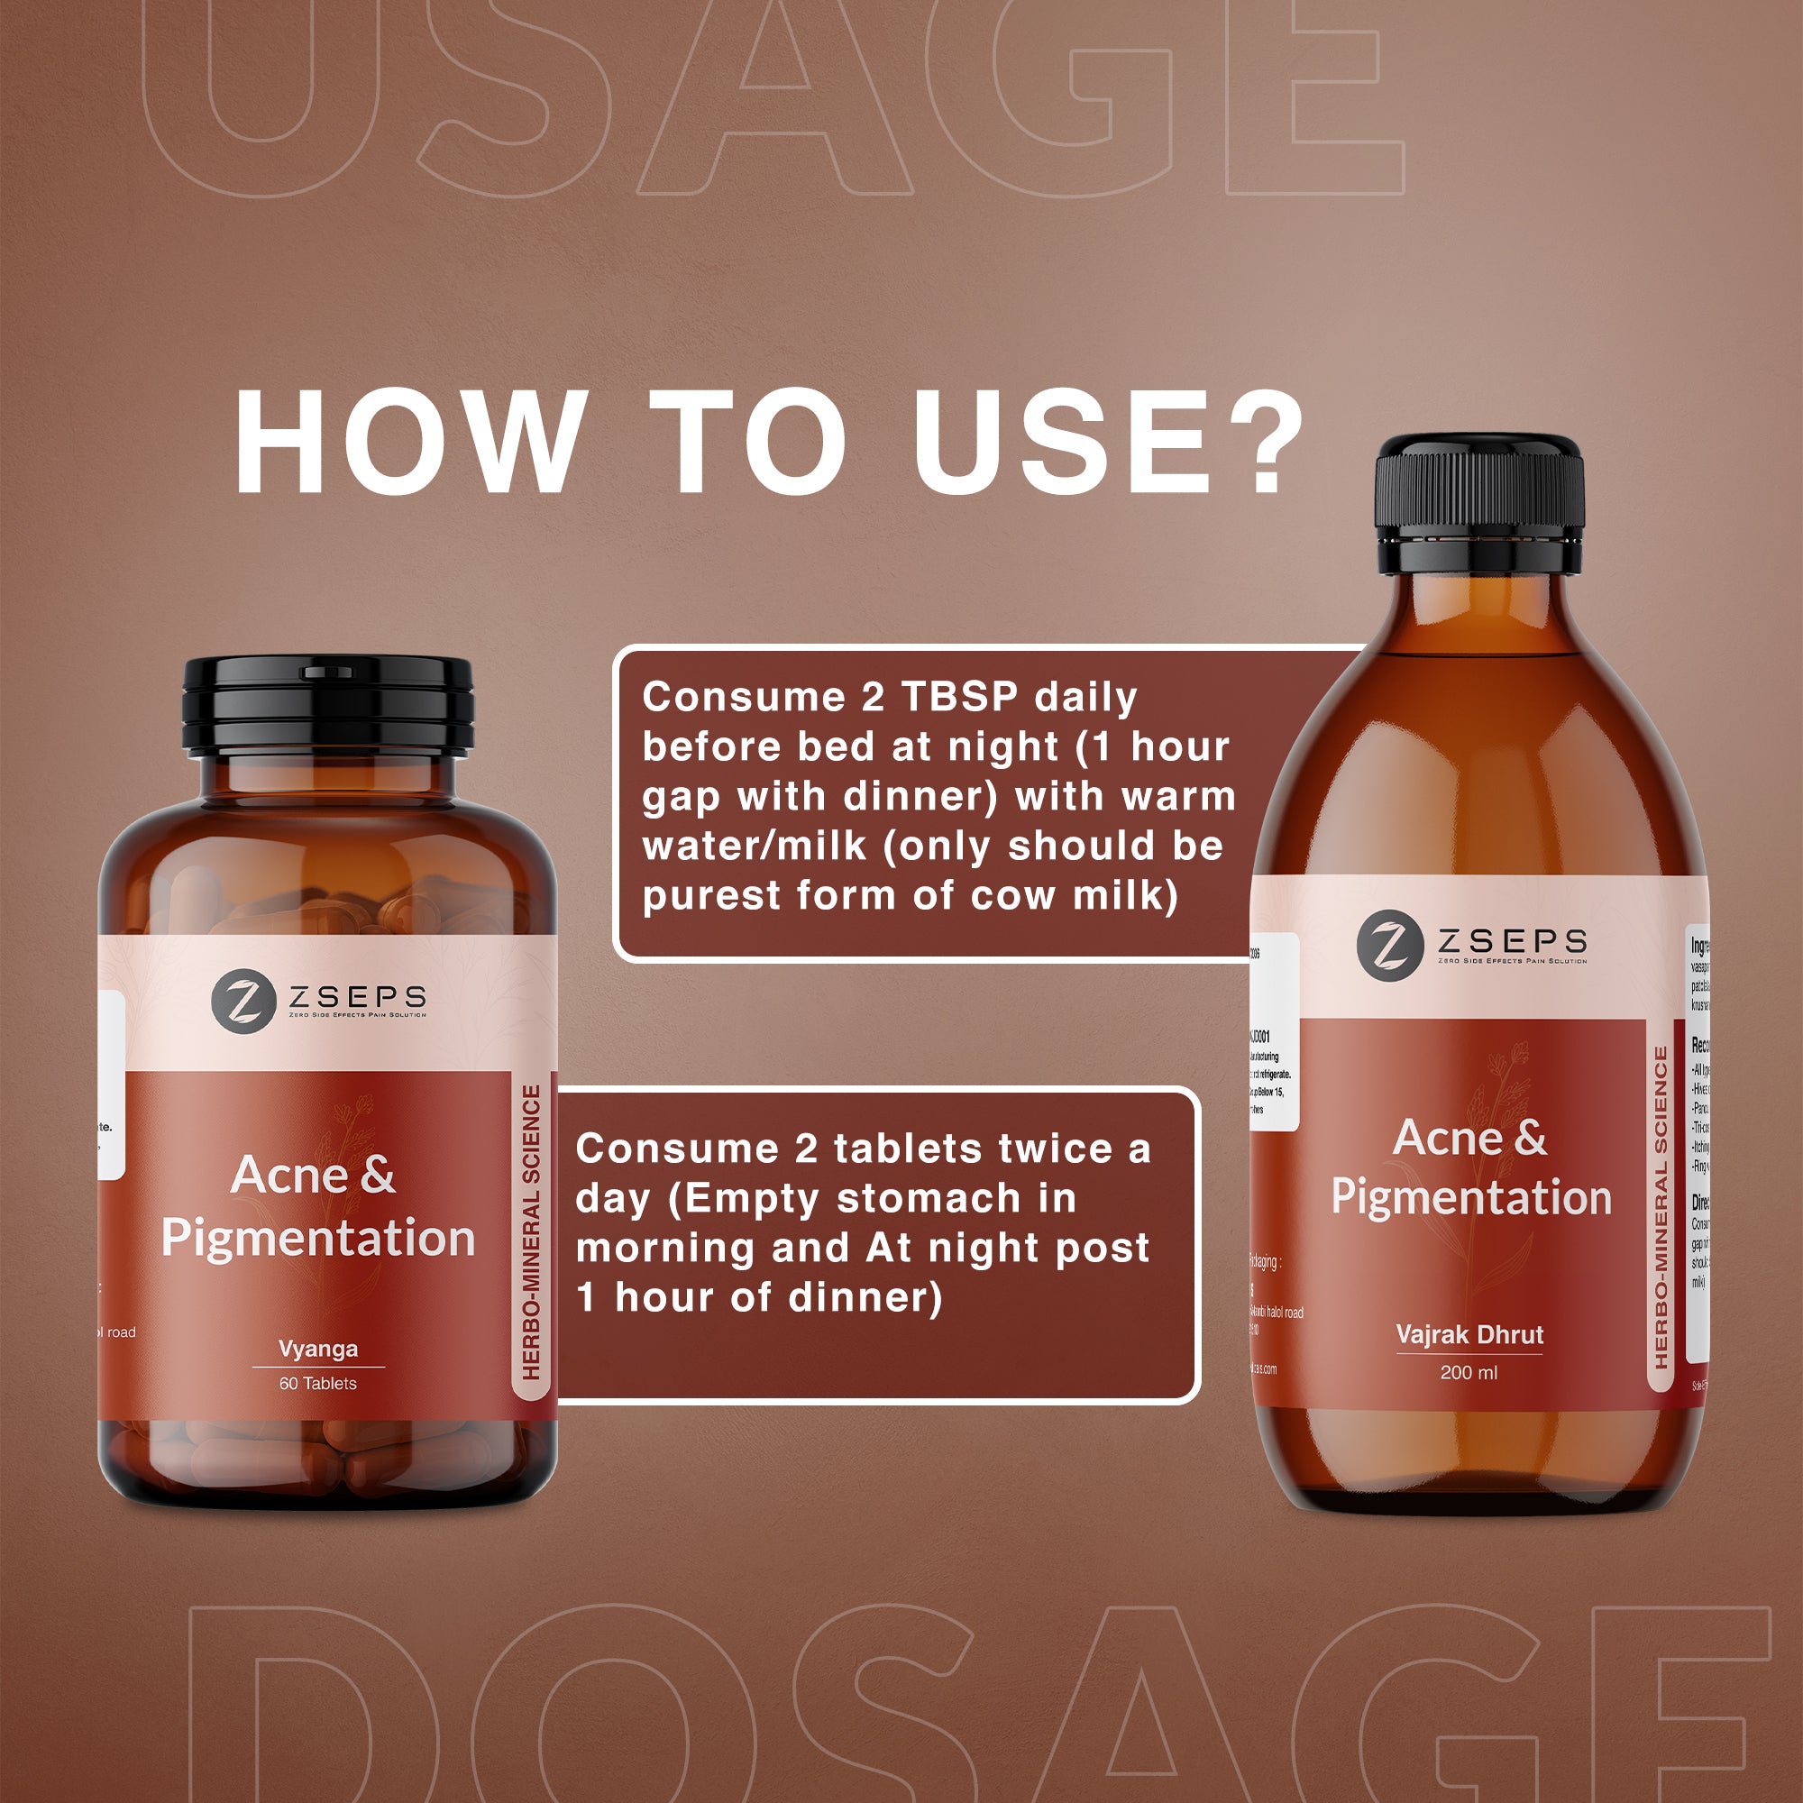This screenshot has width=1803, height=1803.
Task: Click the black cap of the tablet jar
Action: tap(327, 707)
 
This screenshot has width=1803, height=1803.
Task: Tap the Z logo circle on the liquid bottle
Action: tap(1389, 946)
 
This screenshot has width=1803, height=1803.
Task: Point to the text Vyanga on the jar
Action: tap(318, 1349)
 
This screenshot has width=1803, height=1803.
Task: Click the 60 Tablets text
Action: tap(318, 1383)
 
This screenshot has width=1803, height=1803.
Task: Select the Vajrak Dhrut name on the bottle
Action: tap(1469, 1334)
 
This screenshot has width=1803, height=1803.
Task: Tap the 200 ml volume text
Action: tap(1468, 1372)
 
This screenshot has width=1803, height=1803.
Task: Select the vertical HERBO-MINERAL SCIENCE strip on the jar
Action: tap(531, 1231)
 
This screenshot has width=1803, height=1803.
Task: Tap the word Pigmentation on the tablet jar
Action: tap(318, 1238)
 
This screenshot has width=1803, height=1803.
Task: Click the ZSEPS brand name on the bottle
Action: tap(1512, 939)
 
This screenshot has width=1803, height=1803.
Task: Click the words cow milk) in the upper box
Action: tap(1075, 895)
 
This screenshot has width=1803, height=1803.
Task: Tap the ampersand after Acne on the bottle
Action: tap(1531, 1138)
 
